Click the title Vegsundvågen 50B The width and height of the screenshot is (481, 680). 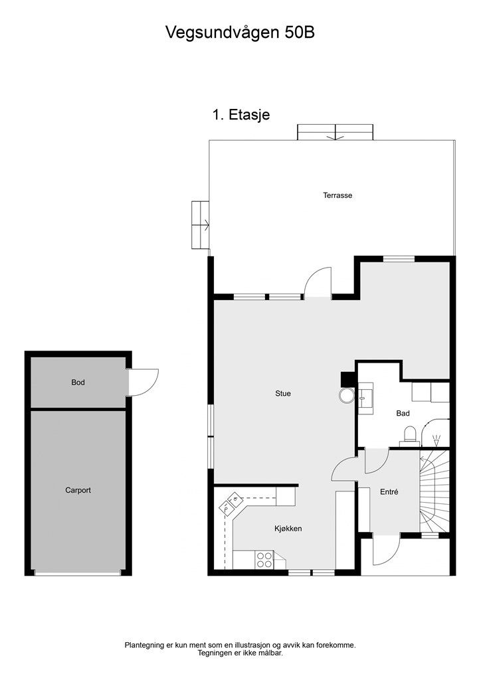click(240, 33)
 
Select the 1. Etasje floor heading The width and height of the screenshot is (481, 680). click(241, 114)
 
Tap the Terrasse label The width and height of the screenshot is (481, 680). click(337, 195)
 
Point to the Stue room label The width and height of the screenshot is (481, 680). click(283, 393)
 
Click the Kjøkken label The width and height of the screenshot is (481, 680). click(288, 529)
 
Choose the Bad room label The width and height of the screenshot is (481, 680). click(403, 413)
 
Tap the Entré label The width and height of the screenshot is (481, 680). click(389, 492)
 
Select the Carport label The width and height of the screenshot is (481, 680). click(78, 490)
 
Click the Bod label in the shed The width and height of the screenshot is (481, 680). click(78, 382)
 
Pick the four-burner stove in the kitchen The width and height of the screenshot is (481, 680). click(264, 560)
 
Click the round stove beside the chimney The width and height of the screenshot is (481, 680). click(347, 396)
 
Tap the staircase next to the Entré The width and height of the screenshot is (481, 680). click(434, 491)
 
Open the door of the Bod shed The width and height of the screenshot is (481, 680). click(143, 382)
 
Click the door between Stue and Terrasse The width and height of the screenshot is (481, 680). click(318, 284)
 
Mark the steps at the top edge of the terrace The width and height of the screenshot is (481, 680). click(336, 132)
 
